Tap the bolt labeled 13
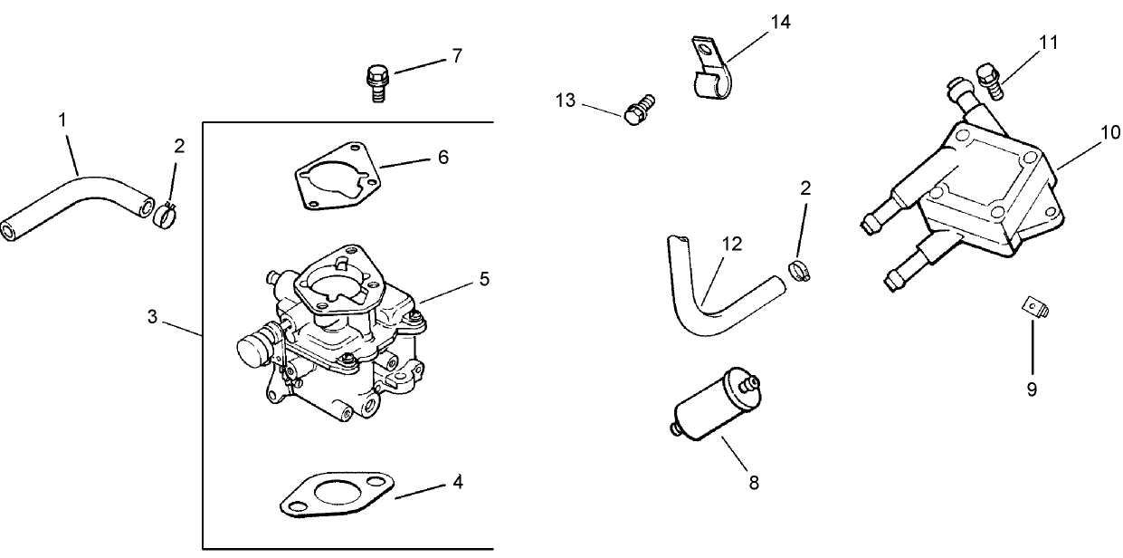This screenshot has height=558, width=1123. click(639, 111)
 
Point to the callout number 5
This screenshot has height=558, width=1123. click(484, 279)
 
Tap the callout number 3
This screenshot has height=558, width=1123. click(152, 317)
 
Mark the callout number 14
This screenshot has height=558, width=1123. click(780, 22)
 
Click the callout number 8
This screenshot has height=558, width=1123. click(753, 483)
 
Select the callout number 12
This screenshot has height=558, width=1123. click(732, 243)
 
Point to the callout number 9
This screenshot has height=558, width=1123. click(1032, 390)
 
